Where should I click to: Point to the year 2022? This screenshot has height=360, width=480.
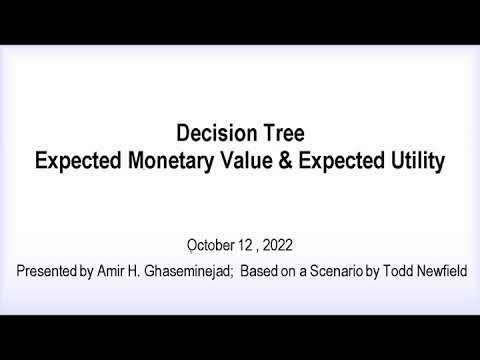(279, 244)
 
